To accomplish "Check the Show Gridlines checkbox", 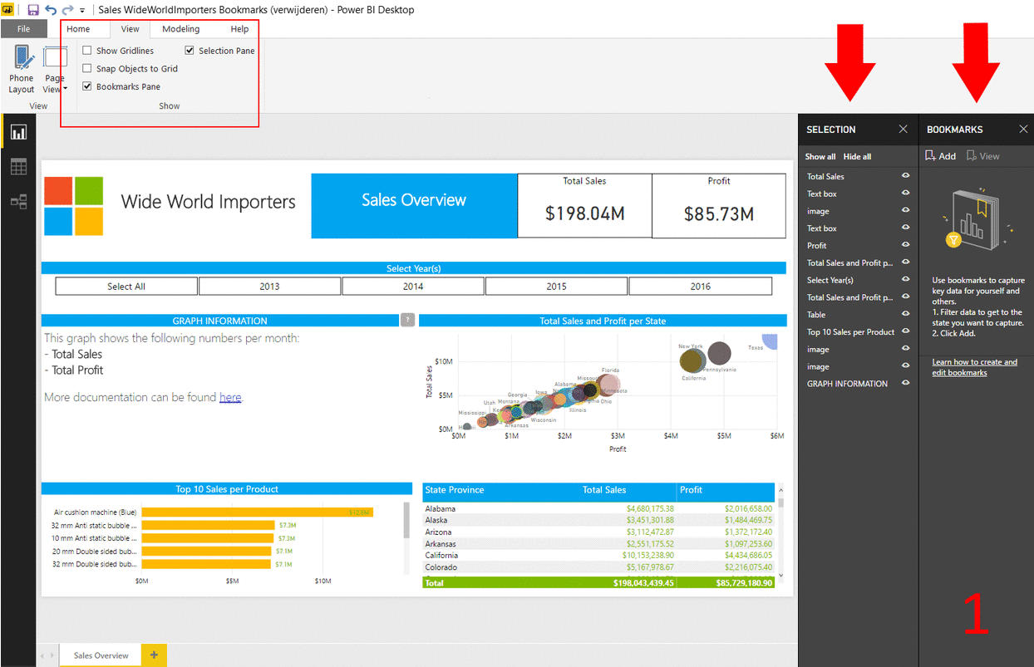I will point(87,51).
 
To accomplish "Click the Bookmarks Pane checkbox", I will point(87,86).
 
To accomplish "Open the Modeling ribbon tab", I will point(180,29).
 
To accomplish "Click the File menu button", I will point(23,29).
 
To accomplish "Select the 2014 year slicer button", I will point(413,287).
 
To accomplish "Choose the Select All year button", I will point(126,287).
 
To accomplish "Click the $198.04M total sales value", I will point(584,214).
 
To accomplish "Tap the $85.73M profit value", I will point(719,214).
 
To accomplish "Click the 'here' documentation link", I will point(230,398).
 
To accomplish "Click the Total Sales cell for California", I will point(647,556).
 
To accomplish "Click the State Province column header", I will point(455,490).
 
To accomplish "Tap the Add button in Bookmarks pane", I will point(941,156).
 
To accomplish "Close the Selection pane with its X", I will point(904,130).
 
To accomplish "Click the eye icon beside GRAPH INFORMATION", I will point(906,384).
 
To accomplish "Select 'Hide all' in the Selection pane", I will point(857,157).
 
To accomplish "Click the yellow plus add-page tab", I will point(154,655).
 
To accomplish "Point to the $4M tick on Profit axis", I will point(671,436).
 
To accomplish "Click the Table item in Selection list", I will point(816,315).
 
